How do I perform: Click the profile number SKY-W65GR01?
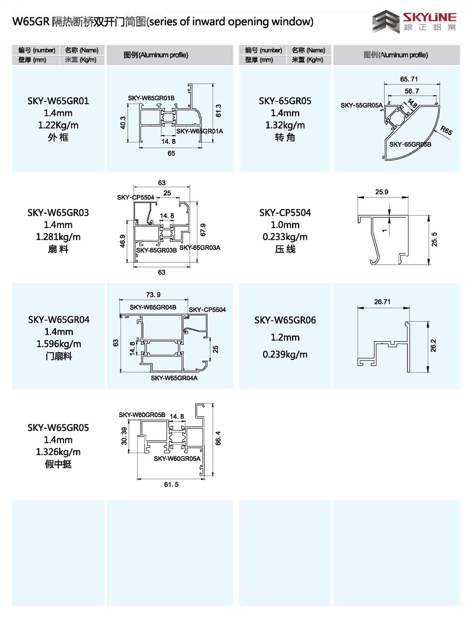pos(58,101)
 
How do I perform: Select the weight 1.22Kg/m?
pos(58,125)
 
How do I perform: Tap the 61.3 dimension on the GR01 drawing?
pos(219,111)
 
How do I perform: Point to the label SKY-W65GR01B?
pos(151,98)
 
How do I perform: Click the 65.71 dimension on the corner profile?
pos(409,79)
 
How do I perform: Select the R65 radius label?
pos(446,130)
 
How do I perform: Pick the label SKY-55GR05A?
pos(361,105)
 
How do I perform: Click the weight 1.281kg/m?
pos(58,237)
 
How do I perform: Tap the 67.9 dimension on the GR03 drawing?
pos(203,230)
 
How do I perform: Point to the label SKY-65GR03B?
pos(156,250)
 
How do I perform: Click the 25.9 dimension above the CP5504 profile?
pos(382,192)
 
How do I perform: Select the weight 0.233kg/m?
pos(285,237)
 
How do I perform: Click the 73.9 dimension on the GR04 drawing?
pos(153,295)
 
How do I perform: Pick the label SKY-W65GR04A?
pos(174,378)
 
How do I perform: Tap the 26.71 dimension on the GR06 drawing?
pos(382,302)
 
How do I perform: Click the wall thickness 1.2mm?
pos(285,338)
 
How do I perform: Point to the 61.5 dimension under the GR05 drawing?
pos(171,485)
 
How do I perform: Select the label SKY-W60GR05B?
pos(142,415)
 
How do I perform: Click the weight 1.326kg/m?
pos(58,452)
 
